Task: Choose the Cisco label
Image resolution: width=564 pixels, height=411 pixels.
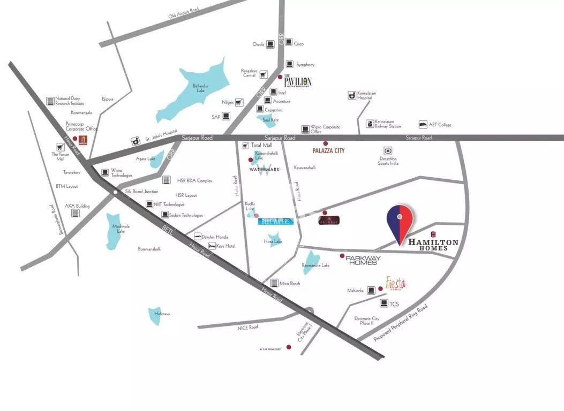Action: tap(299, 44)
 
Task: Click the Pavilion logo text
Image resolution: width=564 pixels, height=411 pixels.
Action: tap(297, 81)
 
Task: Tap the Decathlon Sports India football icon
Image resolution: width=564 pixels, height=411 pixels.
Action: tap(388, 151)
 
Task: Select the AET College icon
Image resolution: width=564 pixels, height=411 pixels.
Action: tap(423, 124)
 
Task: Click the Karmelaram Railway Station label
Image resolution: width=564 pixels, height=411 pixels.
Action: tap(388, 124)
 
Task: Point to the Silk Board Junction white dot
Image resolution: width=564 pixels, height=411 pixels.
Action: tap(116, 191)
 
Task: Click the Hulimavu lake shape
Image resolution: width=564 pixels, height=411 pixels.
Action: tap(155, 316)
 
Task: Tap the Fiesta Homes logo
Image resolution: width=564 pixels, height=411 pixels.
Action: tap(396, 283)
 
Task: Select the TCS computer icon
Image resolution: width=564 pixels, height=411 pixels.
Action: tap(384, 303)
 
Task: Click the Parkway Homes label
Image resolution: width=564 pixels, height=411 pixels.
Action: tap(363, 260)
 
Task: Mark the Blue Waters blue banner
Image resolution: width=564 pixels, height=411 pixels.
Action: tap(276, 221)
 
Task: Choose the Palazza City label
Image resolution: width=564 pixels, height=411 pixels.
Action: tap(329, 151)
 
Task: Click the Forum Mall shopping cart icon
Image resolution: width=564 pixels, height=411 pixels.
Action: tap(61, 146)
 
